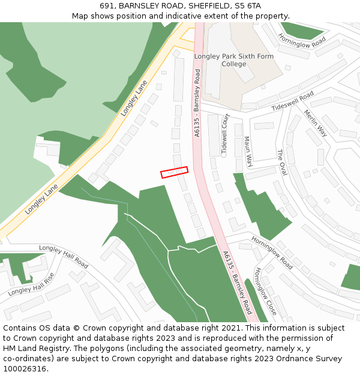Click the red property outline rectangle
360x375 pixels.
point(174,172)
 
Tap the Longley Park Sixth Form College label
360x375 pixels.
point(233,60)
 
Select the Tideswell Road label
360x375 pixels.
point(292,101)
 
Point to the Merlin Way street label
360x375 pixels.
point(315,123)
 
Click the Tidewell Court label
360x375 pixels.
point(226,135)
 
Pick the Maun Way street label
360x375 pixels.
point(247,151)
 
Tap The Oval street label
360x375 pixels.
point(281,163)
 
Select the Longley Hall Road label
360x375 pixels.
point(64,256)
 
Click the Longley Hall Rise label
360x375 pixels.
point(31,284)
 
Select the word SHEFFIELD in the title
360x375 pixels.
point(202,6)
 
